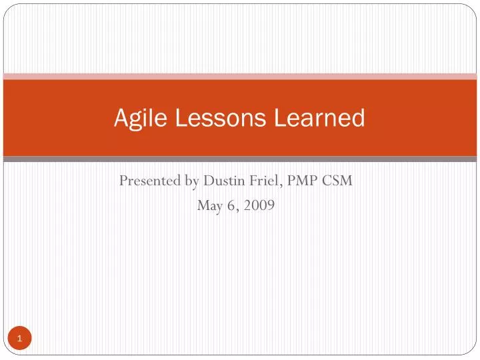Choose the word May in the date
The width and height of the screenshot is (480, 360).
point(209,206)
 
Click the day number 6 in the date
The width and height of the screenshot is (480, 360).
point(231,206)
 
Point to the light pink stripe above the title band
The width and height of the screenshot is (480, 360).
point(240,77)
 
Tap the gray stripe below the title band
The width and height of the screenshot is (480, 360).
point(240,159)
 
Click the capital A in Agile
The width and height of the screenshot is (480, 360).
point(120,118)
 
